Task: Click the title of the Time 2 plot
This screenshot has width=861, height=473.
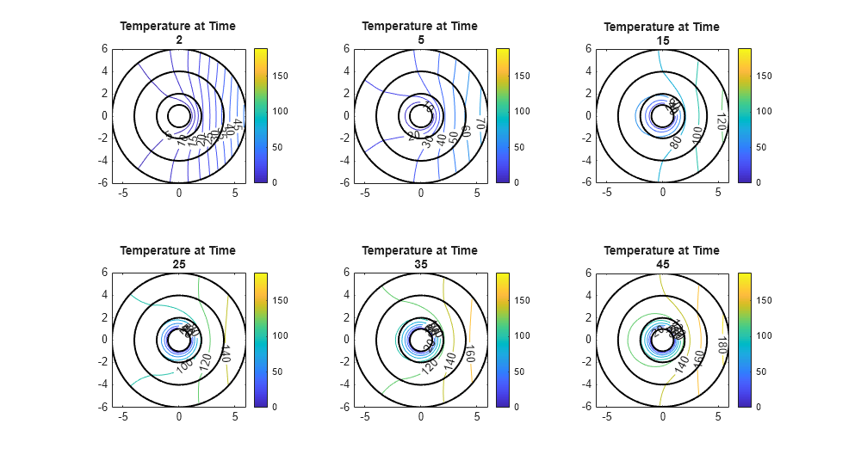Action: (177, 33)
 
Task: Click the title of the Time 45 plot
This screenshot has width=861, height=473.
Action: (661, 256)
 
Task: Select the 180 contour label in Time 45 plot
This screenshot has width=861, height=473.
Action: (722, 345)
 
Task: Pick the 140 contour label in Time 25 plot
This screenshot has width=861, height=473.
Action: (226, 353)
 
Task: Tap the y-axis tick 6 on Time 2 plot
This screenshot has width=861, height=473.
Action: (104, 49)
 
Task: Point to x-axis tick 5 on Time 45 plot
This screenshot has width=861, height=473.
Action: (718, 417)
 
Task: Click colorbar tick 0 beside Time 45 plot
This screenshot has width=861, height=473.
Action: (759, 406)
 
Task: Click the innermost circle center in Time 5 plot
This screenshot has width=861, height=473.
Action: (420, 115)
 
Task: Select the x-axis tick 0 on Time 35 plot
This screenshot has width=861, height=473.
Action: (421, 417)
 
